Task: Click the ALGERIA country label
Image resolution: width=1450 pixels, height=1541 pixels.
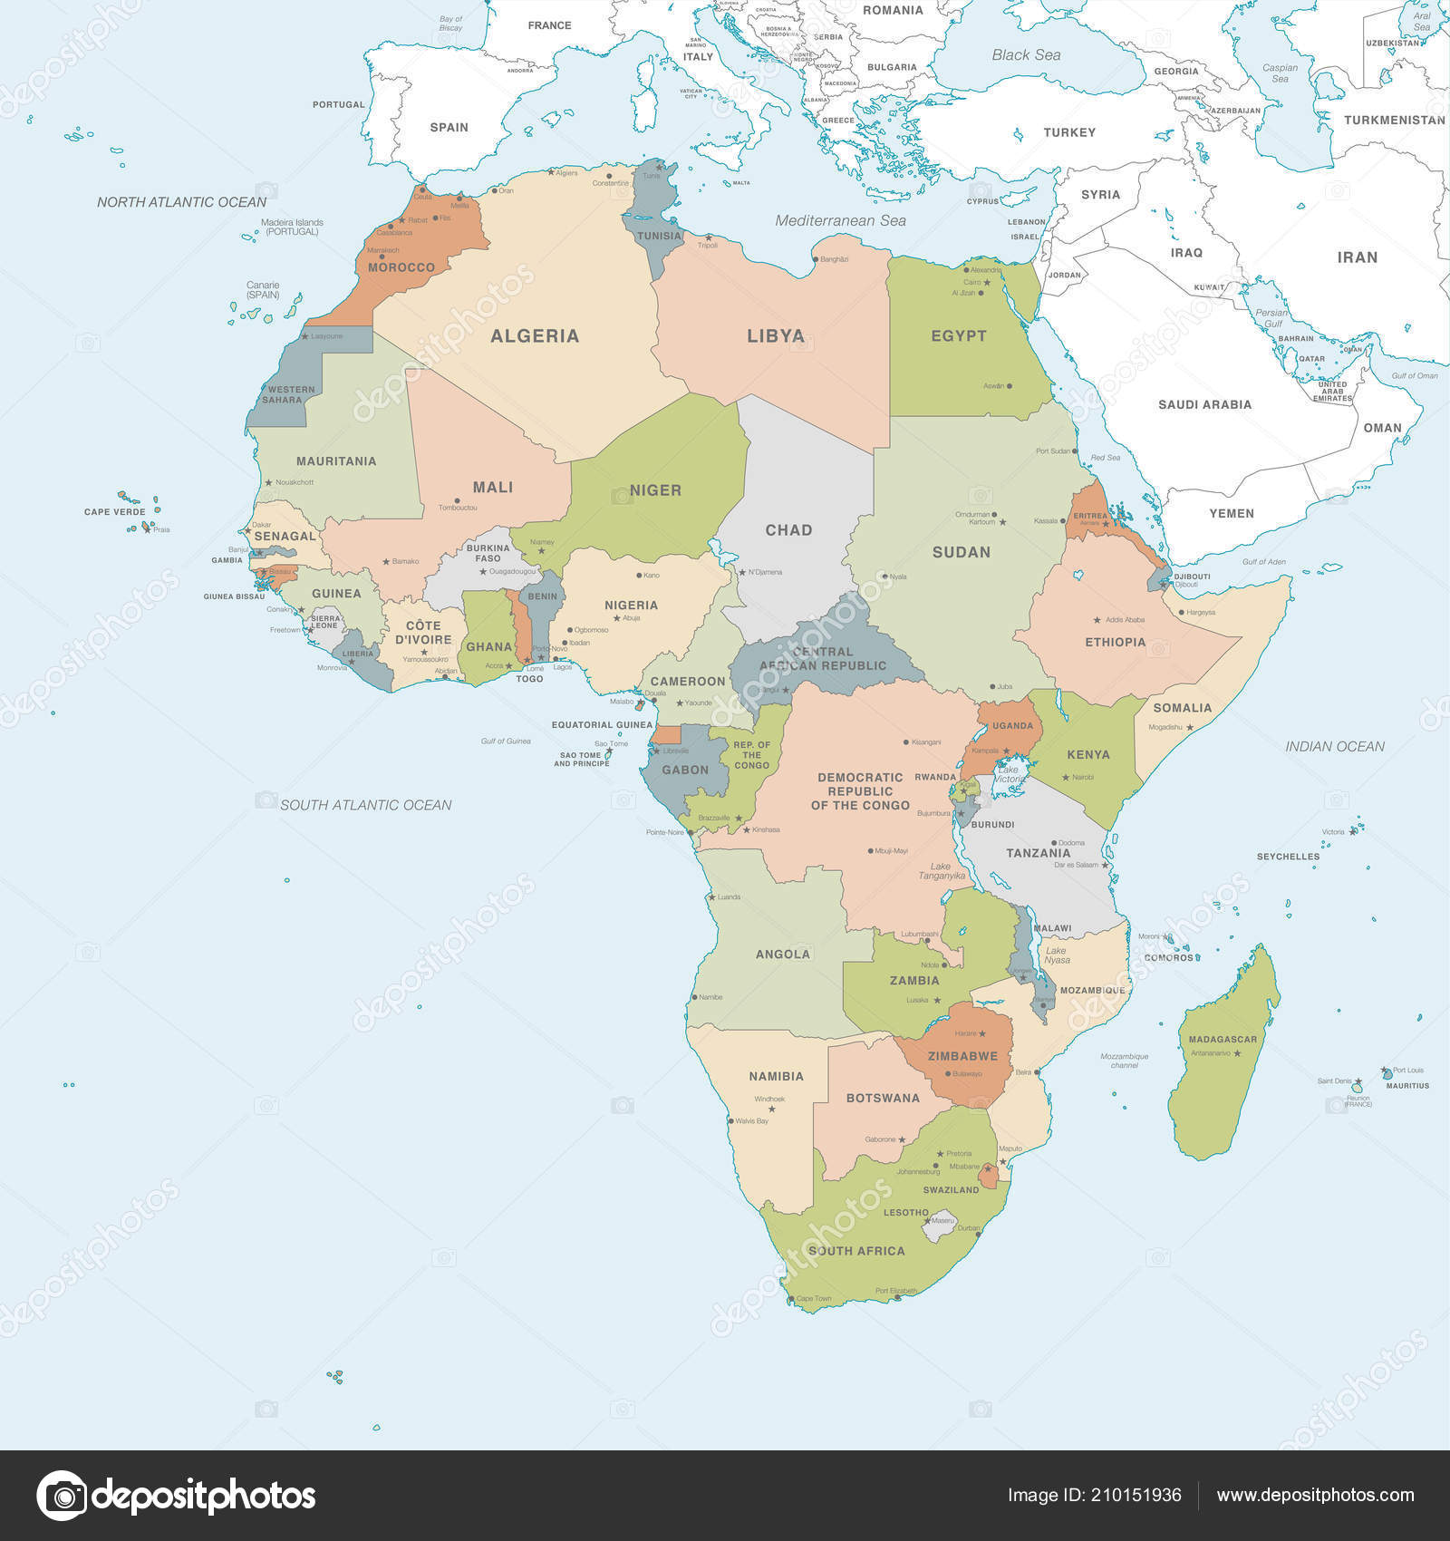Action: click(534, 336)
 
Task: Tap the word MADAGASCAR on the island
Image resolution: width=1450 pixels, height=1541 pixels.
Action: click(1223, 1040)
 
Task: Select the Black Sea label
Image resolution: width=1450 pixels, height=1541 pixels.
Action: click(1025, 55)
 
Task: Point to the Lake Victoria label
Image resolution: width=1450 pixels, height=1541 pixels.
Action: click(1009, 774)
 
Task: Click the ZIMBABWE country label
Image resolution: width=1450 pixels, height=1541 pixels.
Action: click(962, 1056)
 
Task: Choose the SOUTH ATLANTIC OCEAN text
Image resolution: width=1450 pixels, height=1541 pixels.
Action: click(365, 805)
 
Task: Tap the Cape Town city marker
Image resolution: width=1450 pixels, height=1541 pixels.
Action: click(791, 1299)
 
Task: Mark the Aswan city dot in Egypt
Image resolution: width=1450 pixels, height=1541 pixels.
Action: click(1009, 386)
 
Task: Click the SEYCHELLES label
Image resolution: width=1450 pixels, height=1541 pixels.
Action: click(1288, 857)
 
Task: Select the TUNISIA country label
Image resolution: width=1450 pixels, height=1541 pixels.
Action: click(659, 237)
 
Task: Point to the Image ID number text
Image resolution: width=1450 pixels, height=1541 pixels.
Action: click(1094, 1495)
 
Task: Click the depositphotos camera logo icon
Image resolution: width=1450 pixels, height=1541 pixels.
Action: click(62, 1495)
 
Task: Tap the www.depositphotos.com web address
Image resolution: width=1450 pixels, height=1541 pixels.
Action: click(1315, 1495)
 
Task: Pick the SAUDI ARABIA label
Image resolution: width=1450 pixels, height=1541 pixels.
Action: click(1204, 405)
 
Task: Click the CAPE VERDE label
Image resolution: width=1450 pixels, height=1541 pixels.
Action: click(114, 512)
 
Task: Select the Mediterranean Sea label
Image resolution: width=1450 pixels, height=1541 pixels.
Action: click(840, 220)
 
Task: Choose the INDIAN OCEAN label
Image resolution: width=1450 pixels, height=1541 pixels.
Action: click(1334, 747)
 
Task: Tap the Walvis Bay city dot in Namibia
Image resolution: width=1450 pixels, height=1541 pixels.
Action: click(730, 1121)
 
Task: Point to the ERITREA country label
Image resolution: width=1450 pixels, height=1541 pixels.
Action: click(1090, 516)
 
